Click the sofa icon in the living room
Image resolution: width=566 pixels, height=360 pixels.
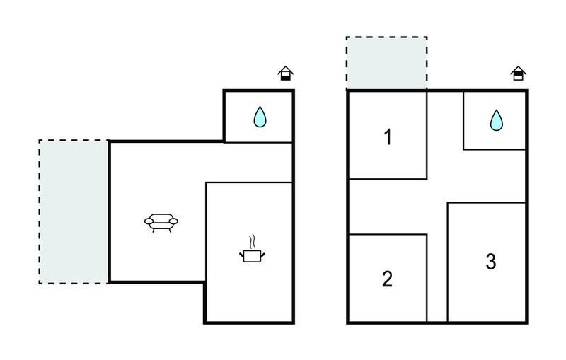[x=161, y=223]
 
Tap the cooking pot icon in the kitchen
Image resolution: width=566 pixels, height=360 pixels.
[x=252, y=256]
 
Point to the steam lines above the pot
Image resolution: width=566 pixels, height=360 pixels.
[x=253, y=242]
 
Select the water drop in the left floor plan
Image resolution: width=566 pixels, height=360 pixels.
[x=260, y=117]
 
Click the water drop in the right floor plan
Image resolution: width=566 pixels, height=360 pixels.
[x=497, y=120]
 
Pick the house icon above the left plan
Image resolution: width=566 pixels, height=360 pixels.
[x=286, y=74]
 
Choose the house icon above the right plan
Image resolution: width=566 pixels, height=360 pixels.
[x=518, y=74]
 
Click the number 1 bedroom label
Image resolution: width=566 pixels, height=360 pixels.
[x=388, y=137]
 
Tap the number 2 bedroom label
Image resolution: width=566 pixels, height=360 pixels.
[x=387, y=279]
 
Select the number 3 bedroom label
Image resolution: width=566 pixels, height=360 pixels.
[x=490, y=262]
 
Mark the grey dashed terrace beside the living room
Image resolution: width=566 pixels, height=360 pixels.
[x=74, y=211]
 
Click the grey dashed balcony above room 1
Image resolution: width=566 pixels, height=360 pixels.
[x=386, y=63]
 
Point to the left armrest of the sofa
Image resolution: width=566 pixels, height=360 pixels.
[x=149, y=221]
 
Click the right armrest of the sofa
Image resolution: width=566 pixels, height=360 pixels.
[x=173, y=221]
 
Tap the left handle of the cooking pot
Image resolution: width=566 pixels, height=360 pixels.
[x=241, y=255]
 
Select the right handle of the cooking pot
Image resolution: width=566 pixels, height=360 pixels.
[x=262, y=255]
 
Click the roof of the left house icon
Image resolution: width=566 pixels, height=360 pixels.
[x=286, y=70]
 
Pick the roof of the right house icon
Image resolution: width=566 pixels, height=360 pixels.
[x=518, y=70]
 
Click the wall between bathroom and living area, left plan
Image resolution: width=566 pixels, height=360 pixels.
[x=258, y=142]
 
